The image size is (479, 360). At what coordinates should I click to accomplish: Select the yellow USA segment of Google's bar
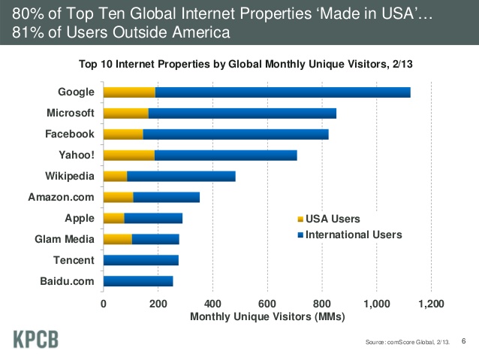click(129, 92)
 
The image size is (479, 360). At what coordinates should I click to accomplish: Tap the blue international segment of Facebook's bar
click(235, 135)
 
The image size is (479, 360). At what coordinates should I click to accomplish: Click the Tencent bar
click(140, 261)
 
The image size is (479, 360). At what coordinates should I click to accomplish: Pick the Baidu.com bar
click(138, 282)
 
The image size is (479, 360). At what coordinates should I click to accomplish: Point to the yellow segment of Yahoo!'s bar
click(128, 156)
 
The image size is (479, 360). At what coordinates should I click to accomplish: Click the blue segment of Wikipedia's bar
click(181, 177)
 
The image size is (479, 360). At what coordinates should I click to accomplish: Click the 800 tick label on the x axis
click(322, 304)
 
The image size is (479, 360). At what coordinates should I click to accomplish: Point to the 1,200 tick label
click(431, 304)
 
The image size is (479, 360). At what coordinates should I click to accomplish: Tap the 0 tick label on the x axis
click(104, 304)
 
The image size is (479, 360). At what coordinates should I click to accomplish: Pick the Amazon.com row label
click(61, 198)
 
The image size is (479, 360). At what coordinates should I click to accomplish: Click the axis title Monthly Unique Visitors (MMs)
click(267, 316)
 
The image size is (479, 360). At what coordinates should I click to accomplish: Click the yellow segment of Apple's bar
click(113, 219)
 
